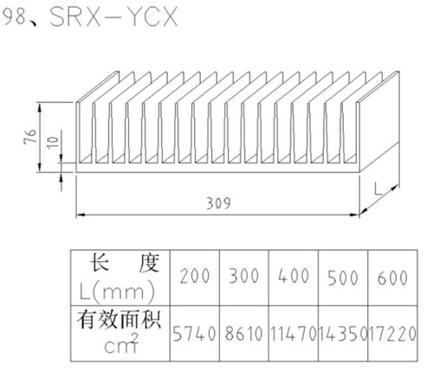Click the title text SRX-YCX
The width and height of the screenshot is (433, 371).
[113, 16]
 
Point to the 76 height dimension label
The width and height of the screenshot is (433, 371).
[31, 136]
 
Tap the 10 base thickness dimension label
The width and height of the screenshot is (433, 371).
[54, 142]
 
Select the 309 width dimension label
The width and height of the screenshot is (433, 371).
[218, 203]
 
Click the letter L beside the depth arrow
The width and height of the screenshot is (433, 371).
[378, 189]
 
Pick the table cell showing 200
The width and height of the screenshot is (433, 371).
[195, 276]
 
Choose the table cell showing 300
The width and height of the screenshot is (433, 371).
[244, 276]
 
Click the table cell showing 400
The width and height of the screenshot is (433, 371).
[294, 276]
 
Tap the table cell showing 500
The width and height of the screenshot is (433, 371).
[343, 278]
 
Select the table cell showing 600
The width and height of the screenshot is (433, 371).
[392, 278]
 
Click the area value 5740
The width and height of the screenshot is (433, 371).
[194, 334]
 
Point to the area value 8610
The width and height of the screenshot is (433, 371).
[244, 334]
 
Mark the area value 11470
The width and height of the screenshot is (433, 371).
[294, 334]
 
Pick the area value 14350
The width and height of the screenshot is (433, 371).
[343, 334]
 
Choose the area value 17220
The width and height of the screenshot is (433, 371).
[392, 334]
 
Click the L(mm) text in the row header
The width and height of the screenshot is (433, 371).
[117, 291]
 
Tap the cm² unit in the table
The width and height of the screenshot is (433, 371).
[121, 343]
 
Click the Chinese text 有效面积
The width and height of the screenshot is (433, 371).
[119, 319]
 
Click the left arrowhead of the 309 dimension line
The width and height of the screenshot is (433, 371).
[80, 214]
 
